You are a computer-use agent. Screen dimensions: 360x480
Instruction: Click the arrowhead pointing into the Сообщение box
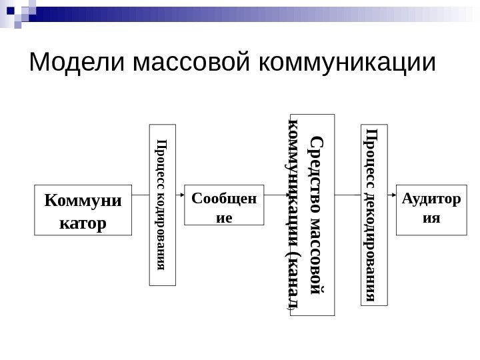click(180, 195)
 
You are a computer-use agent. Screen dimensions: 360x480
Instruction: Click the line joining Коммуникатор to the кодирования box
click(141, 195)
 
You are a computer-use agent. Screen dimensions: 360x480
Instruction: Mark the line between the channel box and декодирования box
click(348, 195)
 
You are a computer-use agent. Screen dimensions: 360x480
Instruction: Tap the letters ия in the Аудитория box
click(427, 217)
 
